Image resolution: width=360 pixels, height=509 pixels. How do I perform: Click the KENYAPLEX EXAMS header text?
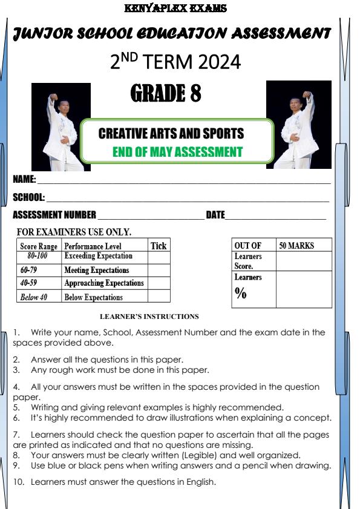[174, 8]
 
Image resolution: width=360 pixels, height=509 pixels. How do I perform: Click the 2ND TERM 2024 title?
[175, 61]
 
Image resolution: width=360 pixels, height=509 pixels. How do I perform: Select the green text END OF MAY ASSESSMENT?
[177, 152]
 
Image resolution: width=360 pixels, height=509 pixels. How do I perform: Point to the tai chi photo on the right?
[299, 125]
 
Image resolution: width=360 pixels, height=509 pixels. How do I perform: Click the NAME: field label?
[24, 180]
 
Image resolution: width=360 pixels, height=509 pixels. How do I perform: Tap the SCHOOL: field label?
[28, 197]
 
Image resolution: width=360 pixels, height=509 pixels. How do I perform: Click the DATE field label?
[215, 215]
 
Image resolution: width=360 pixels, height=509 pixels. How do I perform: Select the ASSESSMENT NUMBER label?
[54, 215]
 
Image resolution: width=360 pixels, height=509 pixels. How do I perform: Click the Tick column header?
[158, 246]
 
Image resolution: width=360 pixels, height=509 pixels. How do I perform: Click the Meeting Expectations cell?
[96, 270]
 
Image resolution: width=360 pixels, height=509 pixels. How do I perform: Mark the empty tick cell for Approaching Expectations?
[159, 283]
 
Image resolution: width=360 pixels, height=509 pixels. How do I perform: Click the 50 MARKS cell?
[296, 246]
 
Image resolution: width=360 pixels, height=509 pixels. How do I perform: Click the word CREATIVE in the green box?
[125, 133]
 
